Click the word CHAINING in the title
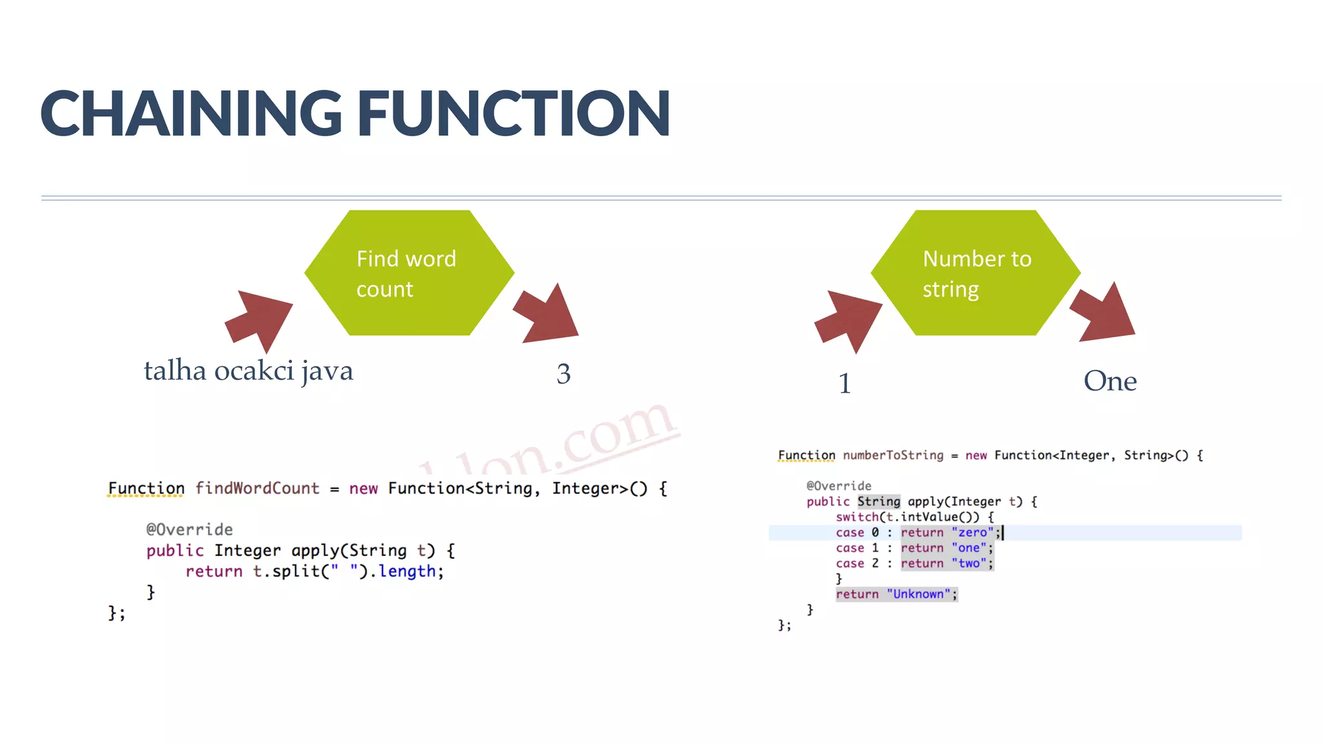pyautogui.click(x=191, y=114)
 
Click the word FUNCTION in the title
pyautogui.click(x=514, y=114)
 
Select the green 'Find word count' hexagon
pyautogui.click(x=409, y=273)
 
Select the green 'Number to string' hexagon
pyautogui.click(x=975, y=273)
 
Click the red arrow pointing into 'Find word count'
pyautogui.click(x=260, y=317)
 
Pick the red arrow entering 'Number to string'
pyautogui.click(x=849, y=318)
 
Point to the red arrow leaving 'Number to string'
pyautogui.click(x=1105, y=313)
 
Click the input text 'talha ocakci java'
pyautogui.click(x=248, y=371)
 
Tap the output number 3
pyautogui.click(x=563, y=374)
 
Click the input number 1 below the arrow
pyautogui.click(x=844, y=383)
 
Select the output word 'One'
pyautogui.click(x=1110, y=381)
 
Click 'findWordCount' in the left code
pyautogui.click(x=257, y=488)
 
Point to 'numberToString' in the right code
pyautogui.click(x=893, y=455)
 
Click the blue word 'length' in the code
pyautogui.click(x=407, y=572)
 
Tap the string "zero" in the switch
pyautogui.click(x=973, y=533)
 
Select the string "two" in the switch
pyautogui.click(x=969, y=564)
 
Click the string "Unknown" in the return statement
pyautogui.click(x=918, y=594)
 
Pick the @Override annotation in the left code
pyautogui.click(x=189, y=530)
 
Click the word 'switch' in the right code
pyautogui.click(x=857, y=517)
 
